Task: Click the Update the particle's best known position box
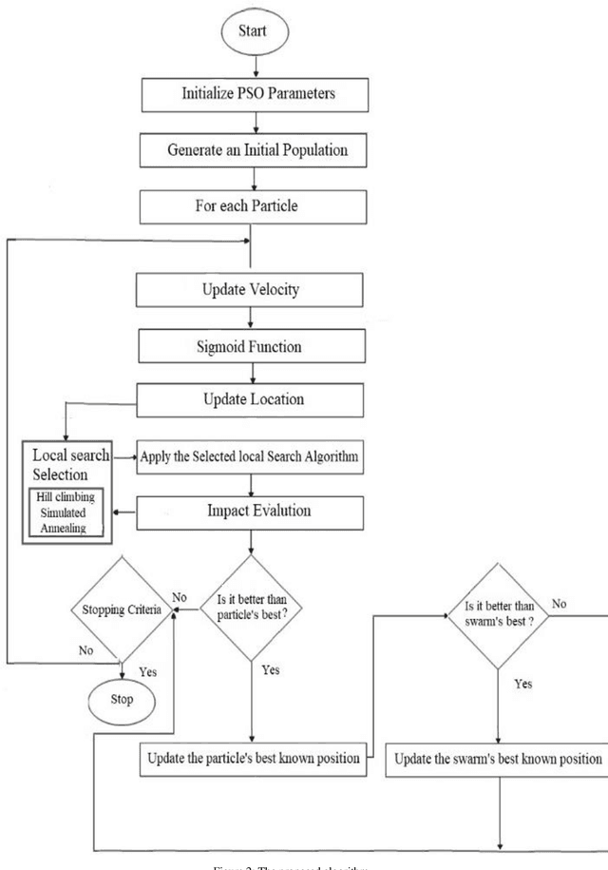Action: click(x=252, y=760)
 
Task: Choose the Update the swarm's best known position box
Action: click(x=498, y=760)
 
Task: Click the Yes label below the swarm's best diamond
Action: click(x=522, y=684)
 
